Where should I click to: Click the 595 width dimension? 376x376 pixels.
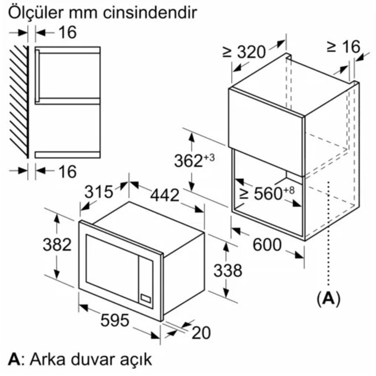115,320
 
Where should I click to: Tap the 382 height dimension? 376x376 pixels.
57,244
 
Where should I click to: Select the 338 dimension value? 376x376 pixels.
228,270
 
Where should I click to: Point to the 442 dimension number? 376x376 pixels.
164,195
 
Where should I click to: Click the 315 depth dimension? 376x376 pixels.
99,192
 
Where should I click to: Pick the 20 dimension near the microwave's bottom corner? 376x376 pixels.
202,333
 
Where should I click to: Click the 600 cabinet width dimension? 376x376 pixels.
267,244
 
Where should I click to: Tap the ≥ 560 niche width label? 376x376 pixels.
267,193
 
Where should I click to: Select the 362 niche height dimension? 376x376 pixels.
194,160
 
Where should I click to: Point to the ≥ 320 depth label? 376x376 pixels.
244,52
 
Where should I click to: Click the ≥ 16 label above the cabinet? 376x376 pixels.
344,46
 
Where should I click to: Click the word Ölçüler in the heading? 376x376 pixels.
36,13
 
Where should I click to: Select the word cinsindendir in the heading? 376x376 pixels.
150,13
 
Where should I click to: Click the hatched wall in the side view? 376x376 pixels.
19,101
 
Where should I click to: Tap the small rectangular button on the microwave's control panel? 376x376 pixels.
146,298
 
